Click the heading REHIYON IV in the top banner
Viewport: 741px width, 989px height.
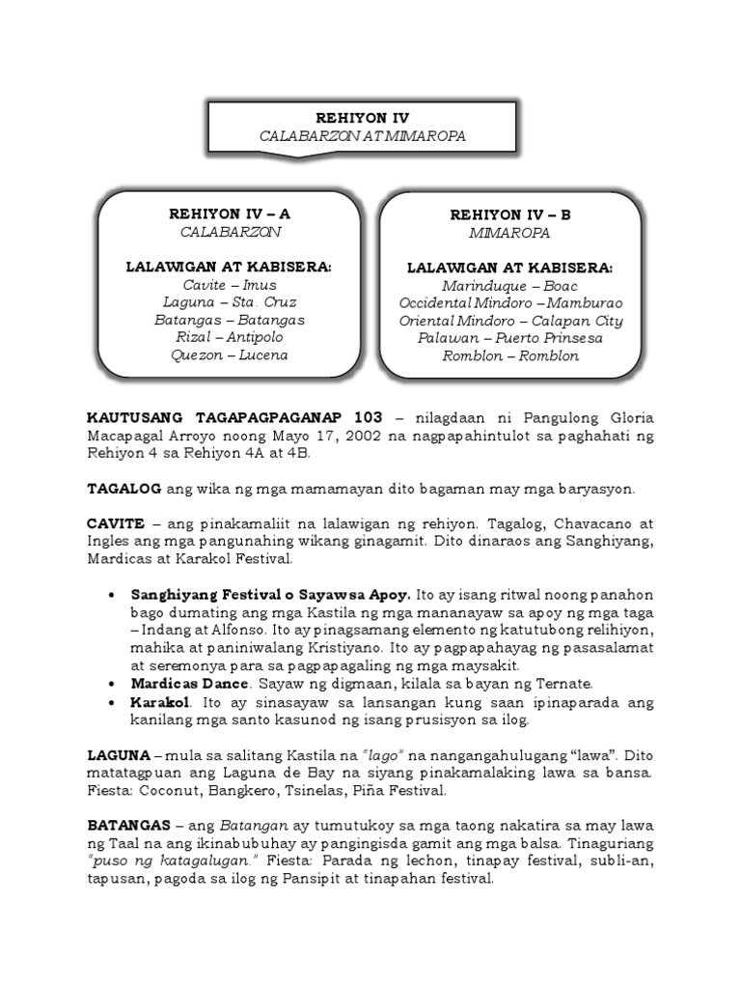pos(362,117)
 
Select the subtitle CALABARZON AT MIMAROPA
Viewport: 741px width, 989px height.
pos(362,136)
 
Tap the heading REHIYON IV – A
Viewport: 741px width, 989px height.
pos(230,214)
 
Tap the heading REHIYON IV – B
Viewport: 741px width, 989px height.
pos(509,215)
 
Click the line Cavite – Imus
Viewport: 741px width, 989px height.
pos(230,285)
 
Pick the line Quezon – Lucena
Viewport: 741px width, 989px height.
pos(230,354)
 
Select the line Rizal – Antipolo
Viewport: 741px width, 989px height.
pos(230,337)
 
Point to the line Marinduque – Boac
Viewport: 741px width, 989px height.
pos(509,286)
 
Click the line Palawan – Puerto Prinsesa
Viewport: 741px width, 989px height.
pos(509,338)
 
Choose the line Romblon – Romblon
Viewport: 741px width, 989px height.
pos(509,355)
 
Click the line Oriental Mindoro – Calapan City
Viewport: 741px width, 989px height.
pos(509,321)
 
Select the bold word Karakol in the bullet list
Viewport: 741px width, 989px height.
pos(160,701)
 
